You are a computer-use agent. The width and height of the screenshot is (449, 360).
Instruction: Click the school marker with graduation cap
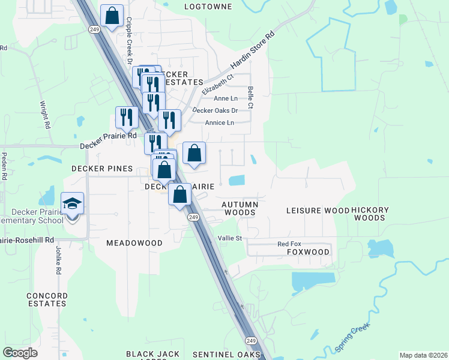[x=73, y=204]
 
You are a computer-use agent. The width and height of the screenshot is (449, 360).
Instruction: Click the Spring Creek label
[x=353, y=338]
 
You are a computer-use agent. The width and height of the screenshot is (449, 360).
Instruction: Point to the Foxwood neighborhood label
[x=308, y=252]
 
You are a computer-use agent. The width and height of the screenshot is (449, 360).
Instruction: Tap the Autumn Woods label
[x=240, y=208]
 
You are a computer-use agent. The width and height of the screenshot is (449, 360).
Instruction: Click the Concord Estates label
[x=47, y=299]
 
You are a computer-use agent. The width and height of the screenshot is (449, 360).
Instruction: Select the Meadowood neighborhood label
[x=134, y=243]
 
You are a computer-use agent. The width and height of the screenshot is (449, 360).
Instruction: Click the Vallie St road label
[x=229, y=238]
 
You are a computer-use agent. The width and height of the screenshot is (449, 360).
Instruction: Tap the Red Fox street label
[x=289, y=244]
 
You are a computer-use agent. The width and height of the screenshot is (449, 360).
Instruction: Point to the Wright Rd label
[x=44, y=111]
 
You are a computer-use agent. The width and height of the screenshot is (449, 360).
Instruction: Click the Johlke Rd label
[x=59, y=260]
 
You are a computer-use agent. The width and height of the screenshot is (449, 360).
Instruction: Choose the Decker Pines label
[x=98, y=169]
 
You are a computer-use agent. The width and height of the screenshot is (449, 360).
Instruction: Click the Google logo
[x=20, y=353]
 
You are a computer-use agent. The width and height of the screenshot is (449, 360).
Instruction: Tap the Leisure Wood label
[x=318, y=211]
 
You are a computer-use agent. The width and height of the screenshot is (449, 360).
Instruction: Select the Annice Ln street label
[x=219, y=123]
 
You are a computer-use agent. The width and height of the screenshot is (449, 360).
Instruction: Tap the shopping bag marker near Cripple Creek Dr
[x=112, y=16]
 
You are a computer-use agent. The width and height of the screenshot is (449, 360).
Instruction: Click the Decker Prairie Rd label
[x=109, y=145]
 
